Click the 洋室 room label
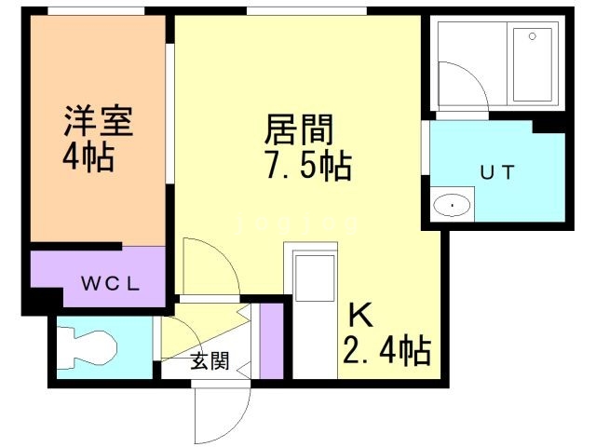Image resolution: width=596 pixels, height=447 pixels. [x=99, y=120]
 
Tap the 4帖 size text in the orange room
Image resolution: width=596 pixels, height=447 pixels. [x=88, y=156]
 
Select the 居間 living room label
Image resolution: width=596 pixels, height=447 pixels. [x=298, y=129]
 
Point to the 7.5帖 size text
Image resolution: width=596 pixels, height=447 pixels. [x=308, y=166]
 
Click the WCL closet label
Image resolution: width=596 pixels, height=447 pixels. [x=111, y=283]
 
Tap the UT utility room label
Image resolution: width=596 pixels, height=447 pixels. [x=497, y=172]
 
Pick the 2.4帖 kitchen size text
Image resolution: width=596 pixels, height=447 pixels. [x=387, y=350]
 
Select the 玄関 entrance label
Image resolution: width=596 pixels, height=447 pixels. [x=210, y=360]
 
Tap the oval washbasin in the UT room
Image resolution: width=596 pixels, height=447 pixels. [x=452, y=205]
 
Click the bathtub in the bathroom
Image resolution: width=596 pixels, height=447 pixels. [x=533, y=64]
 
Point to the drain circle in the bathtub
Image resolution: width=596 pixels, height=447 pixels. [x=533, y=36]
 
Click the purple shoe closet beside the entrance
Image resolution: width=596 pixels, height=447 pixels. [x=271, y=341]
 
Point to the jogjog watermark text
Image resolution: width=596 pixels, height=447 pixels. [x=297, y=224]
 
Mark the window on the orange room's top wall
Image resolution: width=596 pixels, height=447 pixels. [x=96, y=11]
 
